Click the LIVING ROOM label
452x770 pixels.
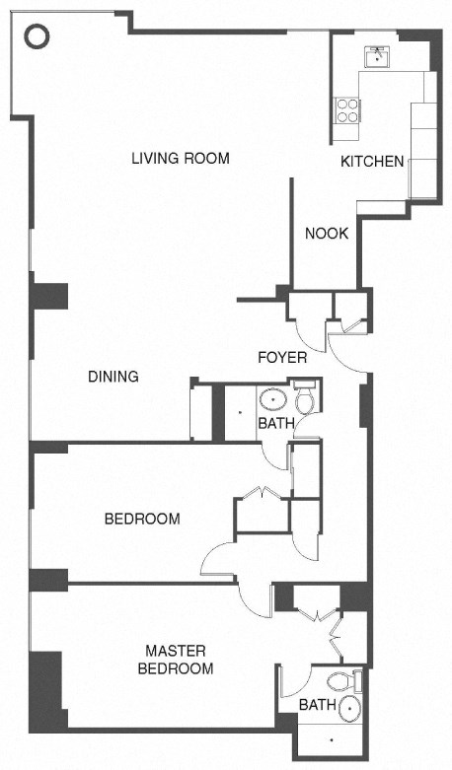[181, 158]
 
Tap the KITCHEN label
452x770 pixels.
[372, 162]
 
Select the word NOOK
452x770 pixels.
[324, 234]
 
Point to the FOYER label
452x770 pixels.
[282, 357]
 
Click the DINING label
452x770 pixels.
[113, 377]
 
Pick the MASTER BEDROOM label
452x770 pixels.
[180, 660]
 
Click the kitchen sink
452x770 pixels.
[377, 57]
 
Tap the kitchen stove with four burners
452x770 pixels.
[347, 107]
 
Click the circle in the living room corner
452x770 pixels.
[36, 37]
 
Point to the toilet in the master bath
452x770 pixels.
[340, 680]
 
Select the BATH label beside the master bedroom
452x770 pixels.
[317, 705]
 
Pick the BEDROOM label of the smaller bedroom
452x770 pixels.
[142, 519]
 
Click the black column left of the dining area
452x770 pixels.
[49, 297]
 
